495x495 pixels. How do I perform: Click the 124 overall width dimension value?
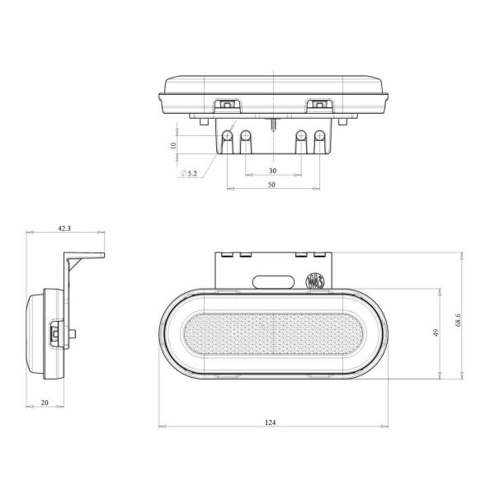(271, 422)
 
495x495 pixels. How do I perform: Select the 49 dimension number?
(434, 333)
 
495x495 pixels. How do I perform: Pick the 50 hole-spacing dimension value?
(271, 186)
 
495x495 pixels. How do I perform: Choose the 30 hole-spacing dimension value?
(272, 171)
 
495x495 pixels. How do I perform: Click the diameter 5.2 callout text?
(188, 173)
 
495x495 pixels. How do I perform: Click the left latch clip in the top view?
(225, 105)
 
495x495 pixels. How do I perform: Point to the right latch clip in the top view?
(318, 105)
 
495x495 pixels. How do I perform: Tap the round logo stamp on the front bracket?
(314, 280)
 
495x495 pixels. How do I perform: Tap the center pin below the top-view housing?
(272, 123)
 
